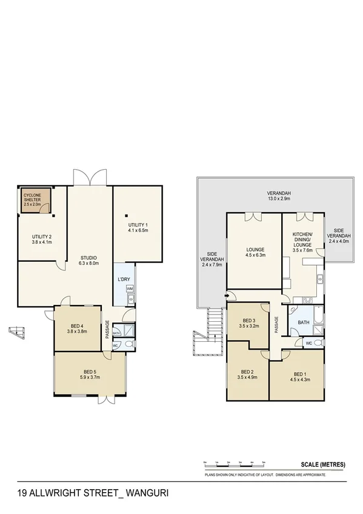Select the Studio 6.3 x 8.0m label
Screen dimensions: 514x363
pos(88,260)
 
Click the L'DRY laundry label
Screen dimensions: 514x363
pos(123,279)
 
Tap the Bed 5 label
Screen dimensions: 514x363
pos(90,374)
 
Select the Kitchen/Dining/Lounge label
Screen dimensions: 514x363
pos(302,242)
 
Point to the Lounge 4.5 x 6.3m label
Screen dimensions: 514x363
pos(255,252)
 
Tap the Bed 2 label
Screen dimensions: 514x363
pos(247,374)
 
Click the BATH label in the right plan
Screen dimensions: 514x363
pos(304,322)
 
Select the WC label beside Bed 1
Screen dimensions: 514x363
pos(308,344)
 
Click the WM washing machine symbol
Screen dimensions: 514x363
pos(130,289)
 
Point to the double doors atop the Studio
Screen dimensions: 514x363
pos(90,177)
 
